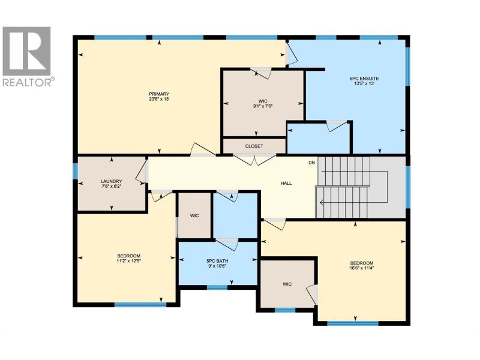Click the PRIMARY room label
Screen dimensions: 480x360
159,94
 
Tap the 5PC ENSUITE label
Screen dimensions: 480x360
364,79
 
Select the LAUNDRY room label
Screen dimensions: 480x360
112,181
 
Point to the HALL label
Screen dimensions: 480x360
286,183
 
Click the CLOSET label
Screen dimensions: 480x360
254,146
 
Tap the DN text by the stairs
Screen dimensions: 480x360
311,163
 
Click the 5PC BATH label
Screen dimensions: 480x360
217,261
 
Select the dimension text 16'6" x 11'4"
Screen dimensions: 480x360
362,268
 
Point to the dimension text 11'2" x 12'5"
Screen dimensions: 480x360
128,261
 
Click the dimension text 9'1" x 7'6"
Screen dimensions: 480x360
263,106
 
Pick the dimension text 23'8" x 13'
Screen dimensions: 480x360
159,99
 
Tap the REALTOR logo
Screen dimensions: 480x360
27,56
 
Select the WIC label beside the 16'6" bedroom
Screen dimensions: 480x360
287,284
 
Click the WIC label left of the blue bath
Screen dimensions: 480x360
194,215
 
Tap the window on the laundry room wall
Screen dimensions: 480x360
75,171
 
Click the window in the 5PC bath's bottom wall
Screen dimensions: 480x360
217,287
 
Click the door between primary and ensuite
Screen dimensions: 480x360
291,55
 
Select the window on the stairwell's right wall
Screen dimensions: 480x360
408,187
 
